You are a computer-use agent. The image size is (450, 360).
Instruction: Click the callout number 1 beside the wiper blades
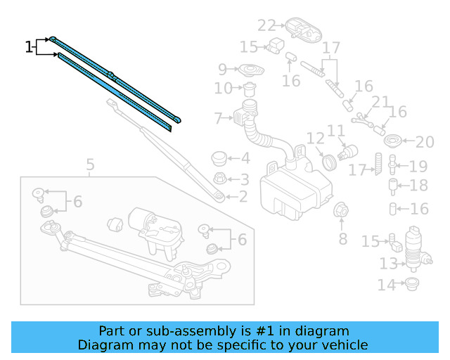29,47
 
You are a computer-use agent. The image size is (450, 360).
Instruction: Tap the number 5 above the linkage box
90,166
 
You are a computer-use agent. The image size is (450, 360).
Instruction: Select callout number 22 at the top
266,25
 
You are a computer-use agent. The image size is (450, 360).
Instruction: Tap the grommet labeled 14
409,285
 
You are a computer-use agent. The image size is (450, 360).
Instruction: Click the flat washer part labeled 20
394,141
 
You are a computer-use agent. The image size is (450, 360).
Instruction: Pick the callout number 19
418,167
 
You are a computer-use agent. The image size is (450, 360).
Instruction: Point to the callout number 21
380,103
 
